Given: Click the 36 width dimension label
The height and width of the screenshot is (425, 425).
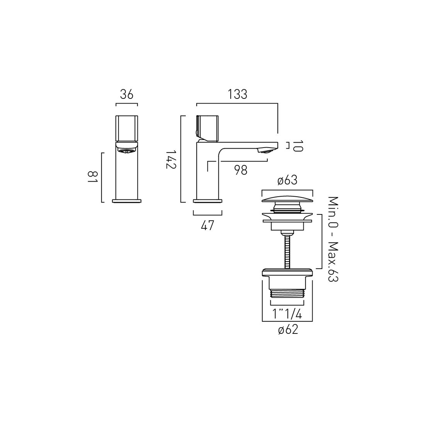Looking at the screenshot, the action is [x=127, y=95].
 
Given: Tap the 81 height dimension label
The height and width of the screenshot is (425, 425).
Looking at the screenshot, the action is [x=92, y=177].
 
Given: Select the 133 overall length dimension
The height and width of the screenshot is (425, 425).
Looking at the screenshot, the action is [x=238, y=94].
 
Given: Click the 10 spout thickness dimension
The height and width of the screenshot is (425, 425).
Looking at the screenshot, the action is [x=298, y=146].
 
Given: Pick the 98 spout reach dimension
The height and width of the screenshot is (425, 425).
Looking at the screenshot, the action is [x=241, y=170].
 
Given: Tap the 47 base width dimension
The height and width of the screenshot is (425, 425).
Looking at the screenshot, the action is [x=207, y=226].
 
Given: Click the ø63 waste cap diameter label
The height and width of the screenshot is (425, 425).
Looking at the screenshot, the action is [x=287, y=180].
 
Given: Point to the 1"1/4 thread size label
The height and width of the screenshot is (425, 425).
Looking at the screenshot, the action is [x=287, y=314].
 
